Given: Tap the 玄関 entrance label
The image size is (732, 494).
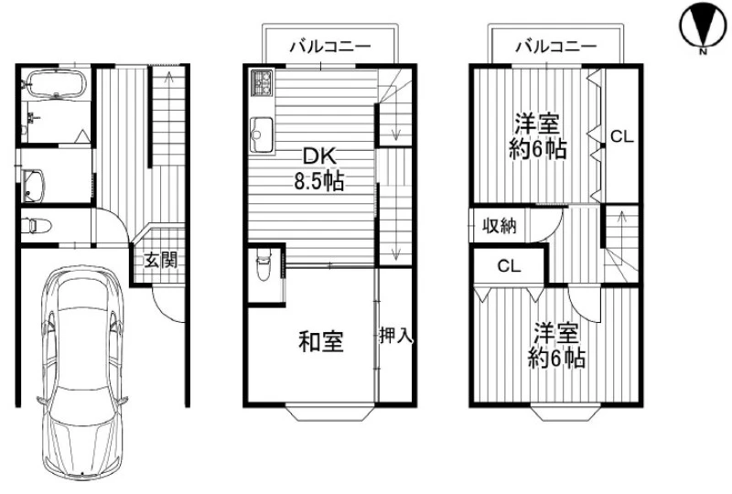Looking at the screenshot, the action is point(161,260).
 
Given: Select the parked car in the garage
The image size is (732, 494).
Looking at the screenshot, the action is point(81,372).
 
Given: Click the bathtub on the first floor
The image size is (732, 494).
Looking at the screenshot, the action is point(55,84).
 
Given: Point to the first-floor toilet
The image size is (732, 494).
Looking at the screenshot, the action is point(37,226).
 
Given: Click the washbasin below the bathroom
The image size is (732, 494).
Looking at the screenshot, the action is point(33,186).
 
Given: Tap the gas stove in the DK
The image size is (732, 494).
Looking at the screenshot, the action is point(263,82).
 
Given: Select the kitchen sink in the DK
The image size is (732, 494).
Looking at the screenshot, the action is point(262,134).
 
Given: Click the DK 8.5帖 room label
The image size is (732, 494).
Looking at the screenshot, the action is point(319,168).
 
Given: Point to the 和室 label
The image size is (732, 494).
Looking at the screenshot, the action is point(321,341).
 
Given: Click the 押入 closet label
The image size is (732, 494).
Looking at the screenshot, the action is point(396,335).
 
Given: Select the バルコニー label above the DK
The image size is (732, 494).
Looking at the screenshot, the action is point(330,47).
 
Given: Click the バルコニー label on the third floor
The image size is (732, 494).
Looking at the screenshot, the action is point(556,47).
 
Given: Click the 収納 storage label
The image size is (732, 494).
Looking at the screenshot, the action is point(500,226).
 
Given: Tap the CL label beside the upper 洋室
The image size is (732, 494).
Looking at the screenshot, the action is point(622,137).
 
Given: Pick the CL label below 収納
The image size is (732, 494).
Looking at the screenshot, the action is point(509,266).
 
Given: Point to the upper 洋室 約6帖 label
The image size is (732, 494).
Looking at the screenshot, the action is point(538,137).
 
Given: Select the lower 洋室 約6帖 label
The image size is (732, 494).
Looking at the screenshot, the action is point(556,345).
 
